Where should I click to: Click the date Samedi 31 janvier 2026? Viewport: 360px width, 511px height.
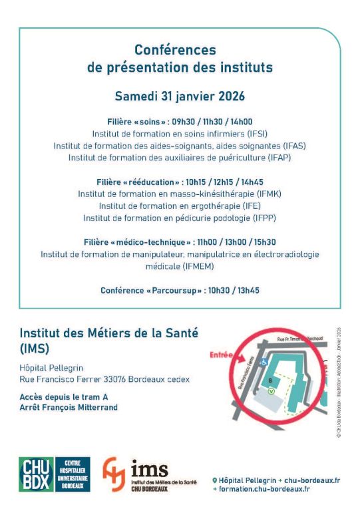pyautogui.click(x=180, y=96)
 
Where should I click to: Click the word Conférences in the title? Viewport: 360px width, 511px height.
pyautogui.click(x=176, y=50)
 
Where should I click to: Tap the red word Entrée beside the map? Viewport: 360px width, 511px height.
pyautogui.click(x=223, y=355)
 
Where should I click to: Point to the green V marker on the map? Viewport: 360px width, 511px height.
pyautogui.click(x=271, y=391)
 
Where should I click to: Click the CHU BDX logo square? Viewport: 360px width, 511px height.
pyautogui.click(x=36, y=474)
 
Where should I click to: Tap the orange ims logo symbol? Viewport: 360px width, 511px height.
pyautogui.click(x=113, y=474)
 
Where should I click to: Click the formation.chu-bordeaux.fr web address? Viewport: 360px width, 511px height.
pyautogui.click(x=266, y=489)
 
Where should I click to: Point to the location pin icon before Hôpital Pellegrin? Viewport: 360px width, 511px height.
pyautogui.click(x=215, y=480)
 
